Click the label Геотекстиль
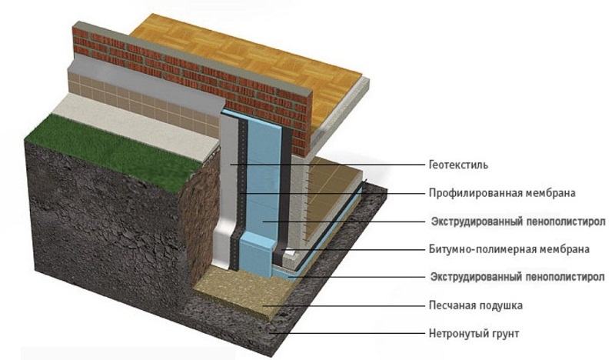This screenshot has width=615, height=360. point(458,165)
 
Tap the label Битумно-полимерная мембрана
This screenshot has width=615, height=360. point(509,249)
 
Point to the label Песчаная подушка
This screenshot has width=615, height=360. point(475,305)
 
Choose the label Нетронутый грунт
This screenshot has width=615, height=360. point(474,334)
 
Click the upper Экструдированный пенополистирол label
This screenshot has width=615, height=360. point(518,222)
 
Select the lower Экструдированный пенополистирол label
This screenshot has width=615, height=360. point(517,277)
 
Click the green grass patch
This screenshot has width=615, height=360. point(114,146)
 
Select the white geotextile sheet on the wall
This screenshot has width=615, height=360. point(228,188)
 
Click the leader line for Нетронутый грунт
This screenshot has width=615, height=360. point(348,334)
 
